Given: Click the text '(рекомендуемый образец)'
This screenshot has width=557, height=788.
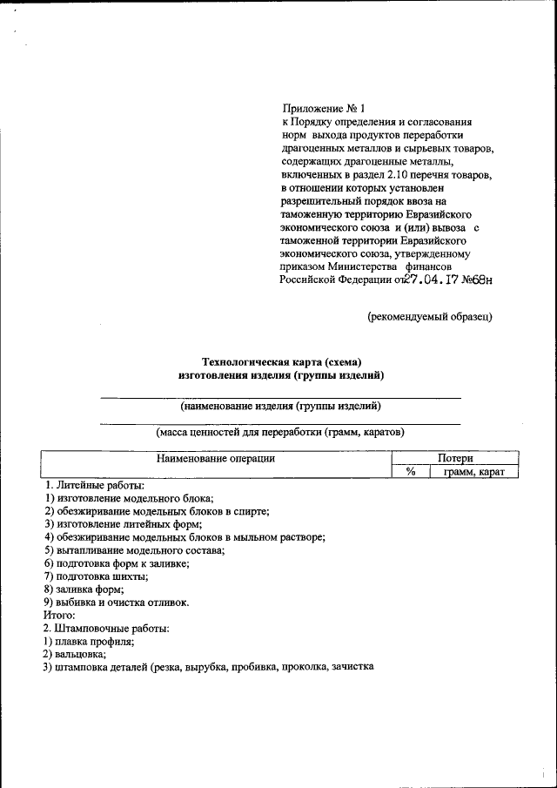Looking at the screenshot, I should pyautogui.click(x=429, y=317).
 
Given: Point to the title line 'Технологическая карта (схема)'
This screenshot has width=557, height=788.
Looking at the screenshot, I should pyautogui.click(x=281, y=361).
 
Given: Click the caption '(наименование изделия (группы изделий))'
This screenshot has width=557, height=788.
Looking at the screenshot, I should pyautogui.click(x=280, y=406).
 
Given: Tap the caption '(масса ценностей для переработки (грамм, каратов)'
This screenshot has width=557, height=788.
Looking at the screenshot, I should pyautogui.click(x=280, y=432).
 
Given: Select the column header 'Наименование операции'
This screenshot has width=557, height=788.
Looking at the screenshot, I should pyautogui.click(x=216, y=458).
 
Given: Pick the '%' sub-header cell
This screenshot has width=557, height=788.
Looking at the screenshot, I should pyautogui.click(x=411, y=471).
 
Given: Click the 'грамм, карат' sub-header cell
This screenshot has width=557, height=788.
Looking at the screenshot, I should pyautogui.click(x=475, y=471).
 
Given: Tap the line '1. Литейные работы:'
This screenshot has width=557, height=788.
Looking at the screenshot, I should pyautogui.click(x=94, y=485).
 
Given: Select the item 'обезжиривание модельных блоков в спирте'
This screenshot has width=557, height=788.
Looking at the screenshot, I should pyautogui.click(x=158, y=511).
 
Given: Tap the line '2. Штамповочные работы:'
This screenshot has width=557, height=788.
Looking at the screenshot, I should pyautogui.click(x=106, y=628).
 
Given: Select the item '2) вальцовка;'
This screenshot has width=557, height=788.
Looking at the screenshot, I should pyautogui.click(x=75, y=654).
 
